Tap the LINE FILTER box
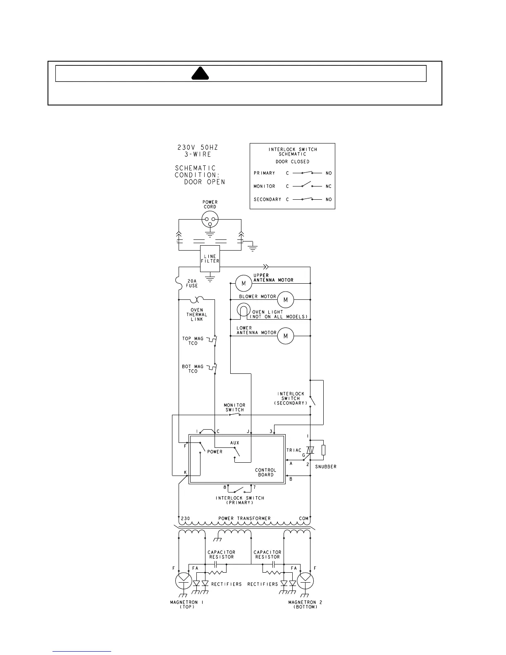coord(210,259)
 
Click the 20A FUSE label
coord(192,283)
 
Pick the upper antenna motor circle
coord(243,283)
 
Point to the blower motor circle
coord(285,299)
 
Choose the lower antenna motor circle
coord(285,336)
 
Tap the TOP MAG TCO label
coord(193,341)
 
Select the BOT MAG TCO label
coord(193,369)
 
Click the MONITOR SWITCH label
coord(235,407)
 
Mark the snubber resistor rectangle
coord(323,450)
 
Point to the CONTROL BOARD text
coord(265,472)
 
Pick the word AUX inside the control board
coord(235,443)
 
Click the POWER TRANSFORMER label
coord(244,518)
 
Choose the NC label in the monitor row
coord(329,186)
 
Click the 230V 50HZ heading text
coord(198,148)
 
